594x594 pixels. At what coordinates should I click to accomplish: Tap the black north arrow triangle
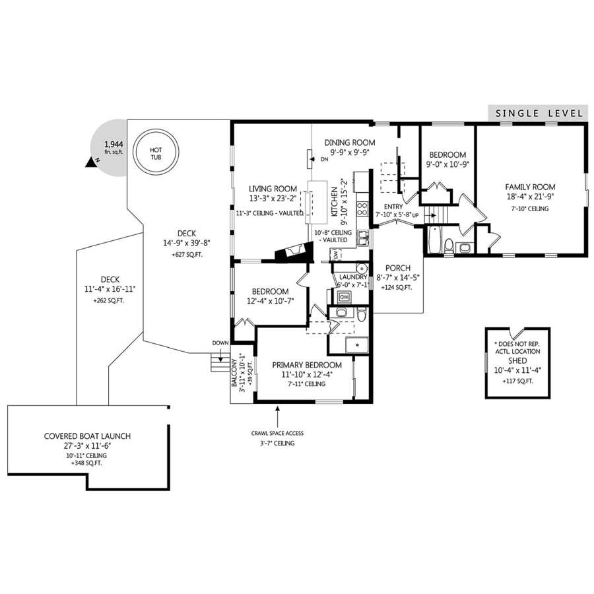coord(90,162)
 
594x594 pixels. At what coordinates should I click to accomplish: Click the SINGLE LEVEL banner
coord(539,113)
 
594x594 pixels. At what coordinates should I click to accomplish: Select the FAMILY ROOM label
coord(530,187)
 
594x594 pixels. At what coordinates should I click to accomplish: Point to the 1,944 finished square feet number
coord(114,145)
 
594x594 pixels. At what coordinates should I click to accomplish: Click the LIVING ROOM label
coord(273,189)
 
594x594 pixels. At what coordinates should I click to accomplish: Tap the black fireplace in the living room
coord(294,251)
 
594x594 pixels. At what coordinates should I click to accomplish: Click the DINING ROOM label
coord(350,143)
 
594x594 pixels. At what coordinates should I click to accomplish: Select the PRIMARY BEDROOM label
coord(307,365)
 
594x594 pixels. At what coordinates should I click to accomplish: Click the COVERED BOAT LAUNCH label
coord(88,436)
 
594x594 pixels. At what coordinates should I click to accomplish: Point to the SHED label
coord(517,360)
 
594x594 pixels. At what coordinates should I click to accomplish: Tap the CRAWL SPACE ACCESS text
coord(277,433)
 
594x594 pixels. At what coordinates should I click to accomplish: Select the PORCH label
coord(398,268)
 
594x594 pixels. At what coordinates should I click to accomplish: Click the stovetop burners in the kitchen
coord(362,209)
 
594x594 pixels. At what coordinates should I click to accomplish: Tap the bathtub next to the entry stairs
coord(434,240)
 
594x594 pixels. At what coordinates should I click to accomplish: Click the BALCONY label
coord(234,373)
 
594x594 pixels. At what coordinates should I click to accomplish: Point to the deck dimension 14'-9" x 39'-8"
coord(186,243)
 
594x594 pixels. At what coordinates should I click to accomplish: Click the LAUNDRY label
coord(353,277)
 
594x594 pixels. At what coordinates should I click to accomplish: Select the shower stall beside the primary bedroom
coord(356,345)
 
